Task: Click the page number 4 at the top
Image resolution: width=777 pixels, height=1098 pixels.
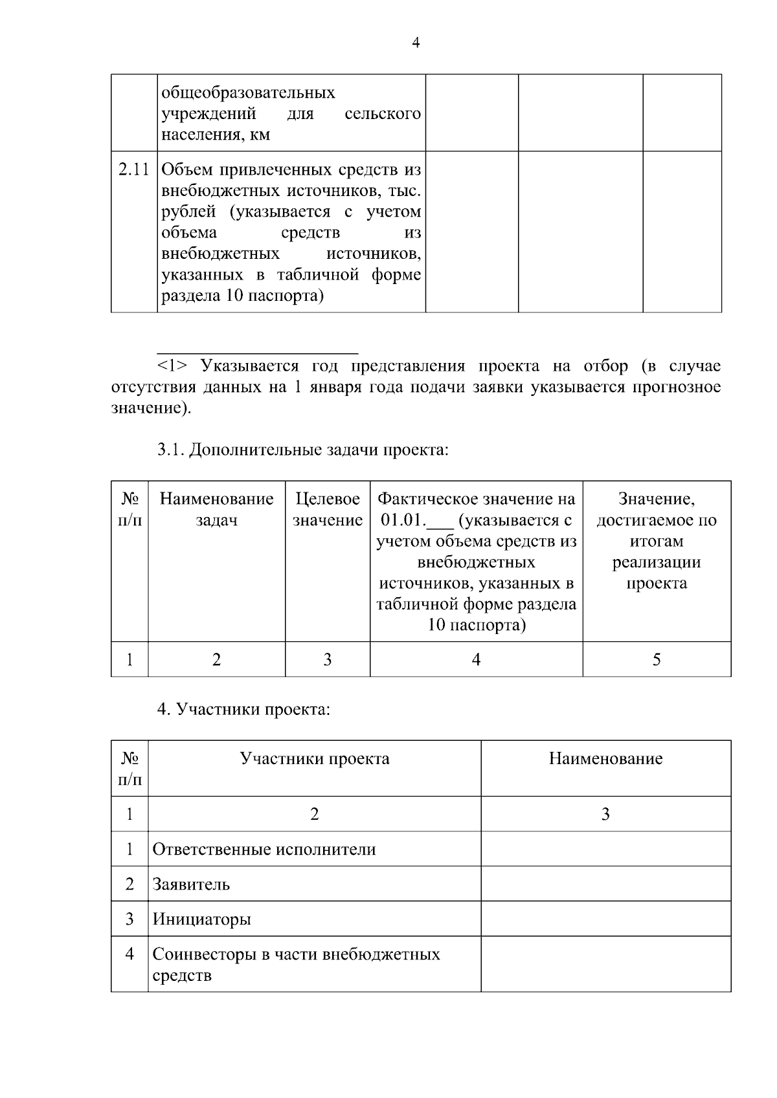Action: (416, 43)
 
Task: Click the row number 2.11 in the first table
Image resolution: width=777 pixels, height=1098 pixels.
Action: (134, 170)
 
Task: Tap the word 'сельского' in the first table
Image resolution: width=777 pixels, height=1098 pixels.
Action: (382, 114)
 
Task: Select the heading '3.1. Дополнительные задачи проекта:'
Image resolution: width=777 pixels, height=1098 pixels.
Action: (303, 449)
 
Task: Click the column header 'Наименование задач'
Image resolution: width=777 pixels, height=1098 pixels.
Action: (216, 509)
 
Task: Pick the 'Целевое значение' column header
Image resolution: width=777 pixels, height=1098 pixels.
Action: (327, 509)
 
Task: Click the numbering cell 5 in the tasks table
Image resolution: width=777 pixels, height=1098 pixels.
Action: (657, 659)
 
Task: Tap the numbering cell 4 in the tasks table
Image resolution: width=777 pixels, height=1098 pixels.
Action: (476, 659)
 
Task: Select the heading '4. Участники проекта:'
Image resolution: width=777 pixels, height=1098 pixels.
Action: (244, 710)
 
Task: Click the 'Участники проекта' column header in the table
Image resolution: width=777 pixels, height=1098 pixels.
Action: (315, 758)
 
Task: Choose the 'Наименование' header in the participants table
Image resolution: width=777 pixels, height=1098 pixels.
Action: (605, 758)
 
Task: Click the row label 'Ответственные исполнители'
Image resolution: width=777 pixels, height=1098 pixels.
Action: (264, 850)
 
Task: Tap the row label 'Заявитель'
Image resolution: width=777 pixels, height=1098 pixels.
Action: (191, 884)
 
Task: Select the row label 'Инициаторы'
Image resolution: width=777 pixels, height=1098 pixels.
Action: (201, 919)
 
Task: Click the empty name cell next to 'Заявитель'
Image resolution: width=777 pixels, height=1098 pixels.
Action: (605, 884)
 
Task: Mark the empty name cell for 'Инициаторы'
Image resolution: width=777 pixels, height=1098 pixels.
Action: (605, 919)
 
